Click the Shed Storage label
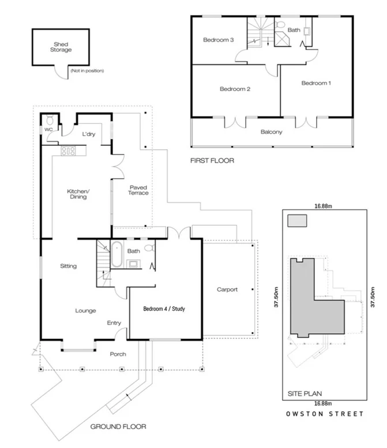(x=61, y=47)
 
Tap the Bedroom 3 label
(x=218, y=40)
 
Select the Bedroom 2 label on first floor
(x=234, y=89)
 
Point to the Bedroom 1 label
(x=316, y=83)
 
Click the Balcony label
(x=271, y=132)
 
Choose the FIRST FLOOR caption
(x=212, y=161)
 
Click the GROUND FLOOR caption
(x=118, y=427)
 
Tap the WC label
(x=48, y=130)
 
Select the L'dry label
(x=88, y=134)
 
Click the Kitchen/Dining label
(x=77, y=194)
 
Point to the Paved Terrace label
(x=138, y=190)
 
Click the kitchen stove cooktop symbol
(x=69, y=151)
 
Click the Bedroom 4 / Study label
(x=164, y=309)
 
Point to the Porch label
(x=118, y=354)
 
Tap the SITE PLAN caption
(x=301, y=394)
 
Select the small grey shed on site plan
(x=297, y=221)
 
